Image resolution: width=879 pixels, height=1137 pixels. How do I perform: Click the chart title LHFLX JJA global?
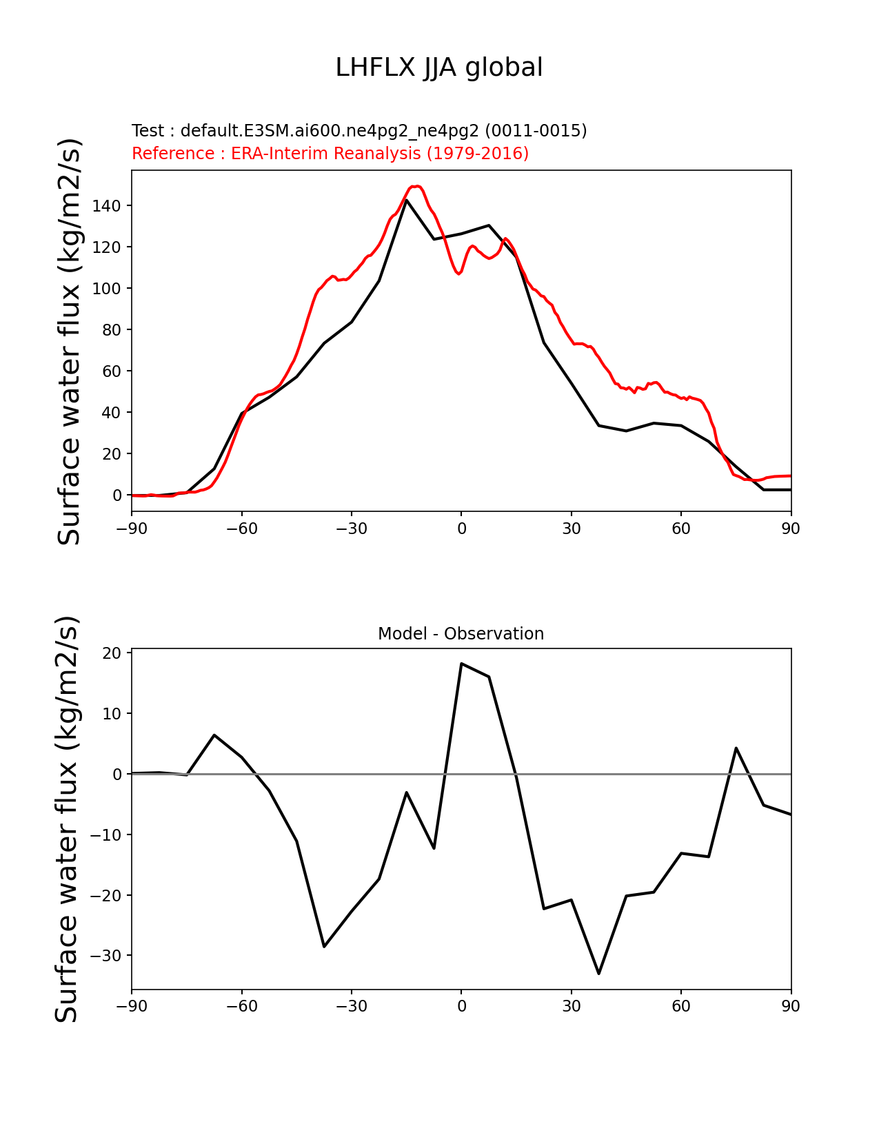[x=439, y=68]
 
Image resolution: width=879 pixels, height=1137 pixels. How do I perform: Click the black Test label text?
[x=359, y=131]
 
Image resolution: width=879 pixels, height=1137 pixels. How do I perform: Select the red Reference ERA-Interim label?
[x=330, y=153]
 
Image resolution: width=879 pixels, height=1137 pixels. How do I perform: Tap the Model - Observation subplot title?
[x=461, y=634]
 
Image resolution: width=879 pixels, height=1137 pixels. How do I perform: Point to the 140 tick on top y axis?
[x=107, y=206]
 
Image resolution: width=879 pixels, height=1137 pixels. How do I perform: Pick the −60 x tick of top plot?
[x=242, y=529]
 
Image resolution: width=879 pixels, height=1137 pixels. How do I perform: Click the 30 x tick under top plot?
[x=572, y=529]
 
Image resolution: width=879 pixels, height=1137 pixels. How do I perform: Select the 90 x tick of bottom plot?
[x=791, y=1006]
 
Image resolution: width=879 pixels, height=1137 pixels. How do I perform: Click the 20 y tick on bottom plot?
[x=112, y=653]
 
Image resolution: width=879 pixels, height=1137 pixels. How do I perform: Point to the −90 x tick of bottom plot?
[x=132, y=1006]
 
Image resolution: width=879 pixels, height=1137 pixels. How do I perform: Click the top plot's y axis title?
[x=70, y=341]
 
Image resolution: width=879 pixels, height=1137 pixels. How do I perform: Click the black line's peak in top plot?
[x=407, y=201]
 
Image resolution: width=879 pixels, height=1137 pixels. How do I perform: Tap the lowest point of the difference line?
[x=599, y=973]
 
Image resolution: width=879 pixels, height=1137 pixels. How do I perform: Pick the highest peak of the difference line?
[x=461, y=664]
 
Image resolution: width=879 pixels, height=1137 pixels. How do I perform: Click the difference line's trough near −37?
[x=324, y=946]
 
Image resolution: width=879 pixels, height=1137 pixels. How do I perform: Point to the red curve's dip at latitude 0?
[x=458, y=274]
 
